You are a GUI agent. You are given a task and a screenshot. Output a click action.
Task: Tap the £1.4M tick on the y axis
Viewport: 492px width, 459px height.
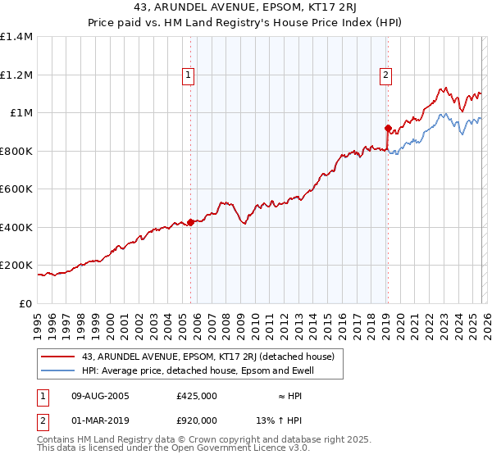pyautogui.click(x=16, y=37)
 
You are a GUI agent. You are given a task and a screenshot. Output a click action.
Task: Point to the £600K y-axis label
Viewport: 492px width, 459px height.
pyautogui.click(x=16, y=189)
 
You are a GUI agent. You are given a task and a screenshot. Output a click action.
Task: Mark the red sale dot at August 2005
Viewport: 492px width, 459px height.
pyautogui.click(x=190, y=221)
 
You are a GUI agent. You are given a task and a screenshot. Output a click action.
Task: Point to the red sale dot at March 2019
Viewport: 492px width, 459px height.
pyautogui.click(x=387, y=128)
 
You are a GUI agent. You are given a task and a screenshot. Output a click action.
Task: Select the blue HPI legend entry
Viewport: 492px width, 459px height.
pyautogui.click(x=198, y=371)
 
